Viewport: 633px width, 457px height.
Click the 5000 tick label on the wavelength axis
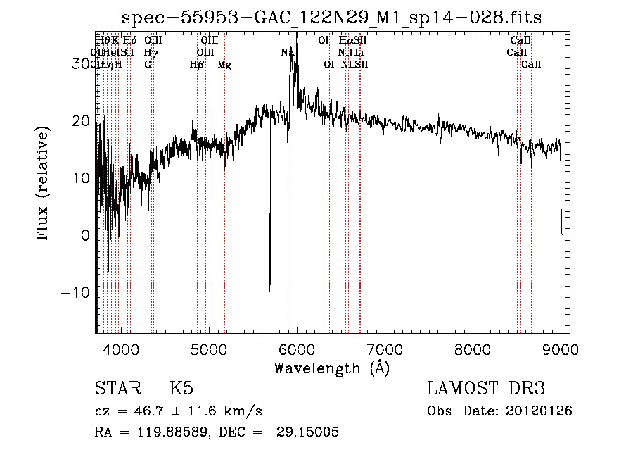pyautogui.click(x=208, y=349)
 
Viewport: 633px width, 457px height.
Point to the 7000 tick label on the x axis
pyautogui.click(x=384, y=349)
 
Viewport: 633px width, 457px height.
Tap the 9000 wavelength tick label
pyautogui.click(x=561, y=349)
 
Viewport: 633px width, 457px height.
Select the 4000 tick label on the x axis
pyautogui.click(x=120, y=349)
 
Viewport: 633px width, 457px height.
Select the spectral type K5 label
pyautogui.click(x=181, y=389)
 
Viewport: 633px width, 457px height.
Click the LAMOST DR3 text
pyautogui.click(x=486, y=389)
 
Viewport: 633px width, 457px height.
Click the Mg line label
pyautogui.click(x=224, y=65)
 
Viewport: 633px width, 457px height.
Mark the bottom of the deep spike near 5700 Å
pyautogui.click(x=269, y=289)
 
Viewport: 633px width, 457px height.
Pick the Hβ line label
pyautogui.click(x=197, y=65)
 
